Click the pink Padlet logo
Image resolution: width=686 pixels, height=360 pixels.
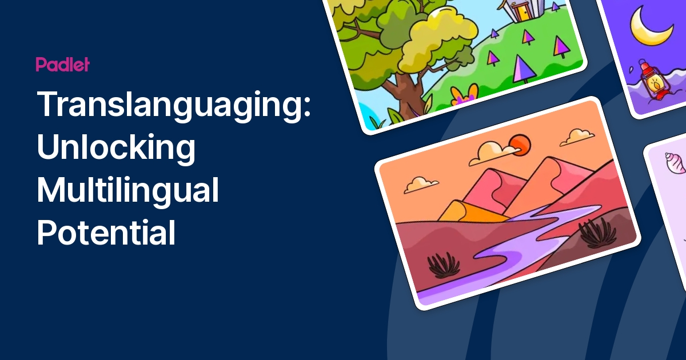pyautogui.click(x=62, y=65)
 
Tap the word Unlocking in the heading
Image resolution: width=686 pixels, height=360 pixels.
pyautogui.click(x=116, y=149)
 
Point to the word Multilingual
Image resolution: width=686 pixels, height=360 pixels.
pyautogui.click(x=128, y=191)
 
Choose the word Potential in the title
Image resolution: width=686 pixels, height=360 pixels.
pyautogui.click(x=106, y=233)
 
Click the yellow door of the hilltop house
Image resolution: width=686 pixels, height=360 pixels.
pyautogui.click(x=521, y=11)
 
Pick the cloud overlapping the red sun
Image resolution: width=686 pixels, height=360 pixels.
pyautogui.click(x=495, y=152)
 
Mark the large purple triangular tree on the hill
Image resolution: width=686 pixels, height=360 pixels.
pyautogui.click(x=521, y=70)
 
